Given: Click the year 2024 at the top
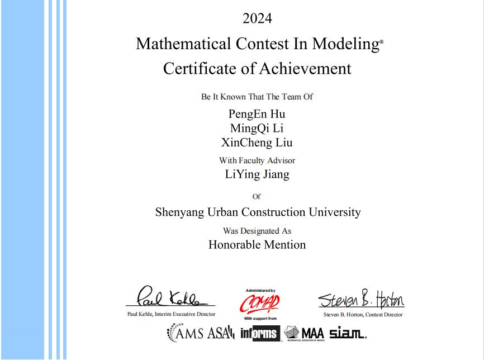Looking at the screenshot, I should (257, 18).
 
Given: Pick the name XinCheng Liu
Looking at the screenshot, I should (257, 142).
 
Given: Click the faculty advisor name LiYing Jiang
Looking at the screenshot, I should (257, 174).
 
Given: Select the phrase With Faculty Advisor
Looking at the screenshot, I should (257, 160).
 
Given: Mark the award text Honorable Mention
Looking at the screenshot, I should (257, 245).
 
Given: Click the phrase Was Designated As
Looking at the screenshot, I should (257, 230).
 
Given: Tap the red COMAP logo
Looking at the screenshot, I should (260, 304).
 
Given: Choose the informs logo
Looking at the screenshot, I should (259, 334).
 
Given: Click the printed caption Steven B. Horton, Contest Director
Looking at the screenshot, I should (362, 315).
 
